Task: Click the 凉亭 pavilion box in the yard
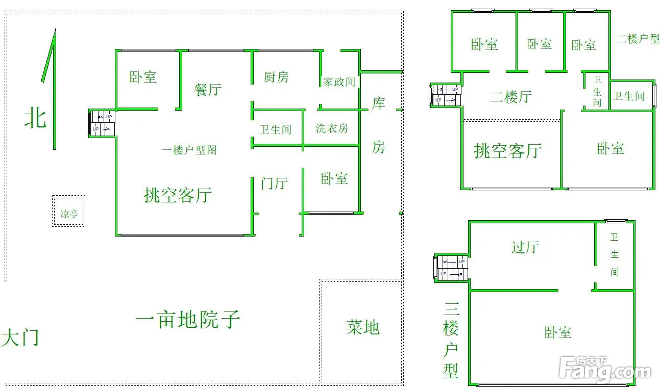[68, 212]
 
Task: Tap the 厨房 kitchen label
[276, 77]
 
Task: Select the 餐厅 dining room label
[208, 89]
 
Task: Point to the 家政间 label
[338, 82]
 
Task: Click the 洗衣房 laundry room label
[332, 128]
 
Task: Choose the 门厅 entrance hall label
[274, 183]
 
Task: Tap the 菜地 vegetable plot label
[362, 327]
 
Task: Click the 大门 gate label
[20, 337]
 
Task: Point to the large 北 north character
[35, 118]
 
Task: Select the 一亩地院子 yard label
[187, 320]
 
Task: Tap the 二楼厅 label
[511, 97]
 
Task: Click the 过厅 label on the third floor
[525, 247]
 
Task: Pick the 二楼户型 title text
[638, 39]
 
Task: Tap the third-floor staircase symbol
[452, 268]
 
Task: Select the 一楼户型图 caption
[189, 150]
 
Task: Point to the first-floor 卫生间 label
[275, 129]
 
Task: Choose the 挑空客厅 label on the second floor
[508, 151]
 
